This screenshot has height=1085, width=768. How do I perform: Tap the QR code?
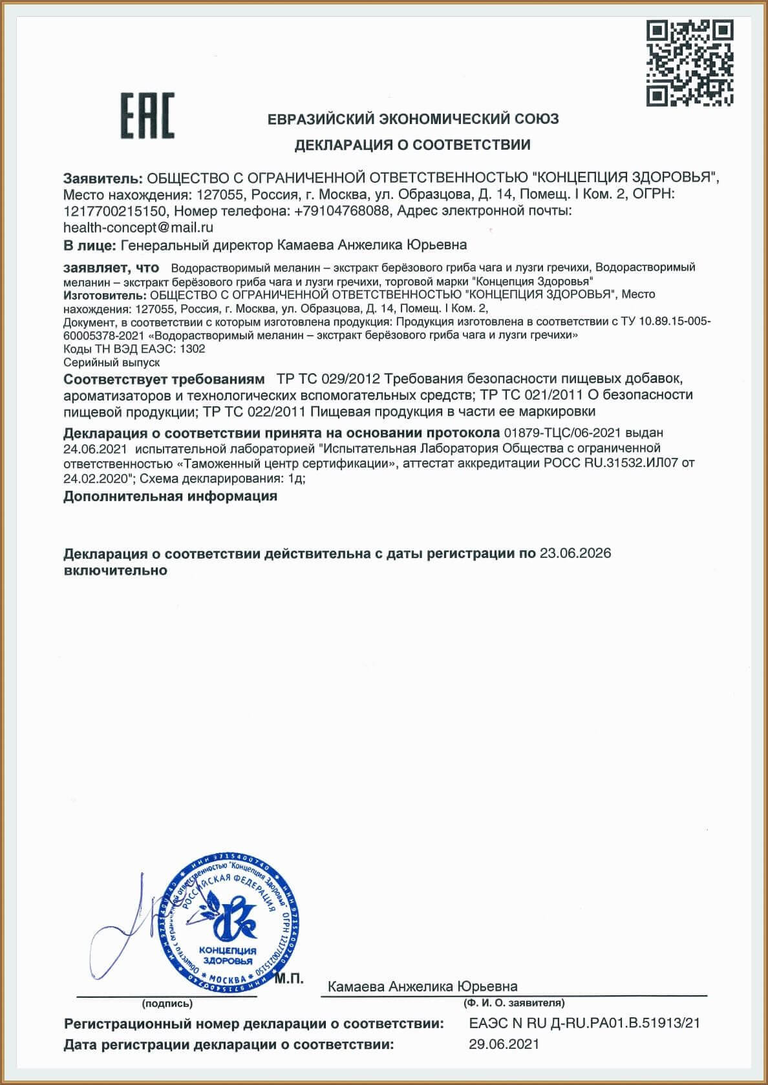[x=690, y=63]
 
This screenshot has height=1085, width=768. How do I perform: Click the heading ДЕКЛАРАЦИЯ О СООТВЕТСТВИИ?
[x=412, y=145]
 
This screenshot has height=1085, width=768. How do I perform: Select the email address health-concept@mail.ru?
[x=138, y=227]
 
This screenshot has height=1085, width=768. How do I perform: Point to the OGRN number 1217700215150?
[x=115, y=211]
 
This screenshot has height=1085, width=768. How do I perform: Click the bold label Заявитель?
[x=103, y=178]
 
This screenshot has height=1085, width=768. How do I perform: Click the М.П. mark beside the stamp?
[x=288, y=979]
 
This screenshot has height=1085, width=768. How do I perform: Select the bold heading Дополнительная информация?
[x=170, y=497]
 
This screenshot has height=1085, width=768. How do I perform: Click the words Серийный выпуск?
[x=111, y=363]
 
